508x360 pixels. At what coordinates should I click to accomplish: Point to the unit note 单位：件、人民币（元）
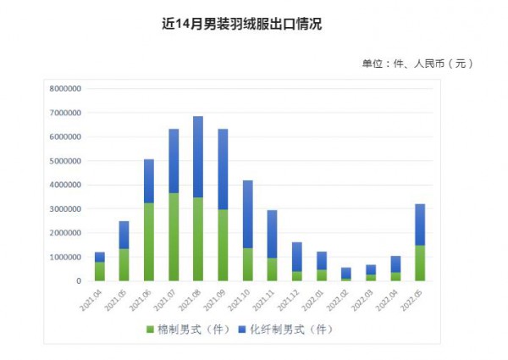(417, 64)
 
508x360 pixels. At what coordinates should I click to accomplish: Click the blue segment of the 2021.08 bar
(198, 157)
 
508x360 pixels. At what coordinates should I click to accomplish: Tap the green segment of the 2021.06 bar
(149, 241)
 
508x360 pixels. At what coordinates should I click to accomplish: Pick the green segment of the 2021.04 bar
(100, 271)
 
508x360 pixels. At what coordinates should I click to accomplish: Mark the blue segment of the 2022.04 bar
(395, 263)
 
